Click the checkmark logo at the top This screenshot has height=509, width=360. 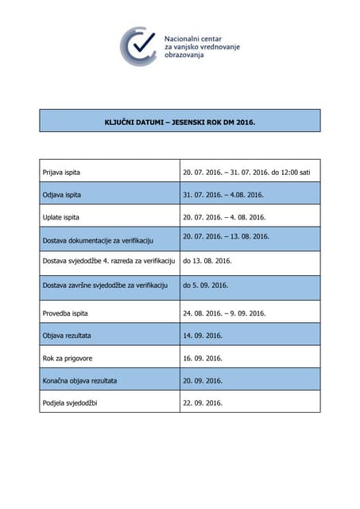138,46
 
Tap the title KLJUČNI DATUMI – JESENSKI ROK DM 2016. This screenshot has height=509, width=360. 180,122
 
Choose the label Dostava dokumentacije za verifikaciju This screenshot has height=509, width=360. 97,240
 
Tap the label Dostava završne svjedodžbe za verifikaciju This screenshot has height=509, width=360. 102,286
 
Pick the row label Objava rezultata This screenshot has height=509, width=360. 66,336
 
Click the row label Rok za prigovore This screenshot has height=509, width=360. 67,359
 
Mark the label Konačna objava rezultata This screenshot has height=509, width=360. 79,381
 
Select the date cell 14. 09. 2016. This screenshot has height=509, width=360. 203,336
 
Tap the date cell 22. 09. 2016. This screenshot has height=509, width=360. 203,403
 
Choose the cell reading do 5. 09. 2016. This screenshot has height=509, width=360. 205,286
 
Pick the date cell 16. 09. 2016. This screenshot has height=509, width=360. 203,359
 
